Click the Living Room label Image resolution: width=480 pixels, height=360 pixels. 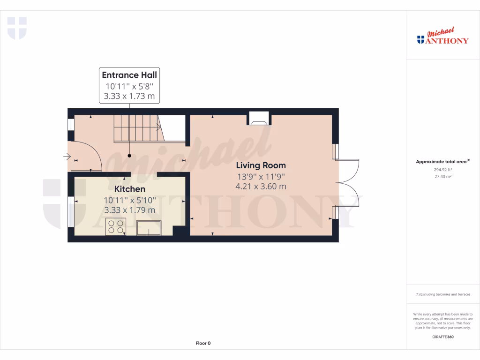(261, 165)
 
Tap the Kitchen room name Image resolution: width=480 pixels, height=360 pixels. (130, 189)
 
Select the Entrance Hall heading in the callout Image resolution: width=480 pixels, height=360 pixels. (129, 75)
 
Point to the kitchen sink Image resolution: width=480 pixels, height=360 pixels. (149, 228)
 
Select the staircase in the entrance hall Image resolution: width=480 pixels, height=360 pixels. (137, 128)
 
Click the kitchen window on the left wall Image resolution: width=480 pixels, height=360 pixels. (71, 212)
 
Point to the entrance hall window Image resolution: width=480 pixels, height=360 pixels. (71, 124)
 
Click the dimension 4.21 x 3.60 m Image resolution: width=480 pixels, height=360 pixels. (261, 186)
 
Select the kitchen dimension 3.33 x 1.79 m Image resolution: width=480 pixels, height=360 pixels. (129, 210)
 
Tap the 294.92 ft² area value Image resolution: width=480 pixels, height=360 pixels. (442, 169)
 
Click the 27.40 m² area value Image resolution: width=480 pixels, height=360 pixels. (442, 177)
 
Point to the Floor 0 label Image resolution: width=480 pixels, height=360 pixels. (203, 344)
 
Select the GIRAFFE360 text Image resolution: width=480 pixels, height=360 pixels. (442, 337)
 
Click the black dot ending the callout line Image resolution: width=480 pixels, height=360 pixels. (129, 156)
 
